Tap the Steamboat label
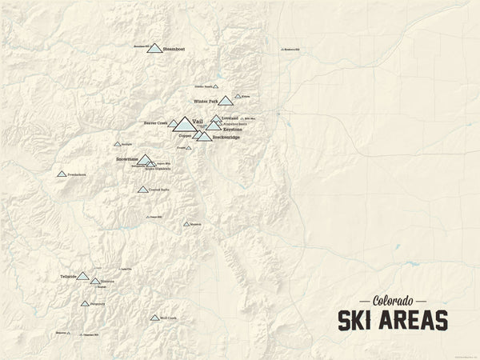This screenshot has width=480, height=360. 174,50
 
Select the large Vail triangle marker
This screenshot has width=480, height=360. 183,125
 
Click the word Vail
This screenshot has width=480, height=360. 198,120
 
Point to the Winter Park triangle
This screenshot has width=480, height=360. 226,101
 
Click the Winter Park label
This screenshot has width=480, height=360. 206,102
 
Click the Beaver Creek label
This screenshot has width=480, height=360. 155,123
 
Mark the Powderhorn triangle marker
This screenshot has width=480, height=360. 62,174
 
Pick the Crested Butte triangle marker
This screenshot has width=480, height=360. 142,190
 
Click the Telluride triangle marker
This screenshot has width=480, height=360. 82,276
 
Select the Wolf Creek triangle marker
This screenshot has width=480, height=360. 154,318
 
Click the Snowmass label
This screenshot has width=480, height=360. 127,159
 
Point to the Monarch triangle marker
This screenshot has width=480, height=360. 186,224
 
